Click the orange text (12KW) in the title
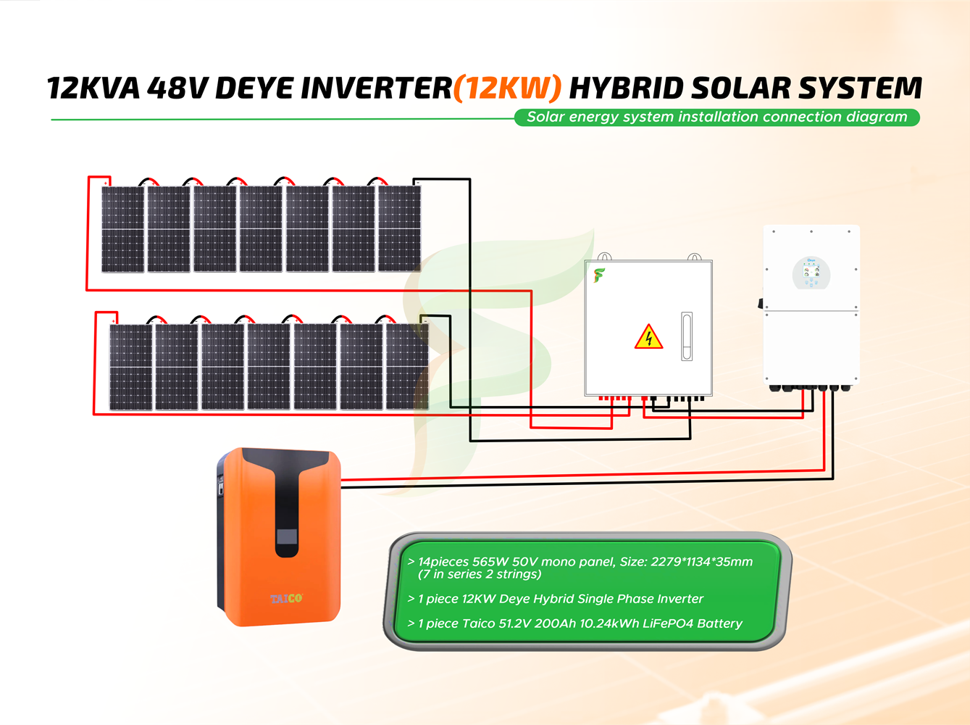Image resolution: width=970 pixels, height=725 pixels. pos(507,88)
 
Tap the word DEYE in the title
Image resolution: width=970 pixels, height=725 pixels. pos(254,88)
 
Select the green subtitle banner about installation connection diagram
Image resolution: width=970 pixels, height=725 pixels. pos(716,117)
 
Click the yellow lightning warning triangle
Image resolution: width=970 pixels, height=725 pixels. pos(648,338)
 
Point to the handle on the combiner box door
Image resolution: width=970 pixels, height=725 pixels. pos(687,336)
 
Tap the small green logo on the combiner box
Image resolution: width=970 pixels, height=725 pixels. pos(599,275)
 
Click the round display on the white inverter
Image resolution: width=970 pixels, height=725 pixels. pos(811,273)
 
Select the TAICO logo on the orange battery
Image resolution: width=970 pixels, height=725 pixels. pos(286,598)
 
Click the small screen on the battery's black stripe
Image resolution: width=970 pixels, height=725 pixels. pos(287,538)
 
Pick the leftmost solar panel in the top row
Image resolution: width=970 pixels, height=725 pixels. pos(122,229)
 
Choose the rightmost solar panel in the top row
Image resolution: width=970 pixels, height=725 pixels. pos(400,229)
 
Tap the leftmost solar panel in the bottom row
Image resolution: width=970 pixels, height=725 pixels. pos(130,367)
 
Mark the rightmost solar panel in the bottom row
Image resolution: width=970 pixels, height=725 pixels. pos(407,367)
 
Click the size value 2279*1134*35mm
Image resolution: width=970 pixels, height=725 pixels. pos(701,562)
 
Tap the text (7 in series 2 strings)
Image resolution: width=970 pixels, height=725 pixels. pos(480,574)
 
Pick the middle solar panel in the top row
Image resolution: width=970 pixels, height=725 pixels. pos(261,229)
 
